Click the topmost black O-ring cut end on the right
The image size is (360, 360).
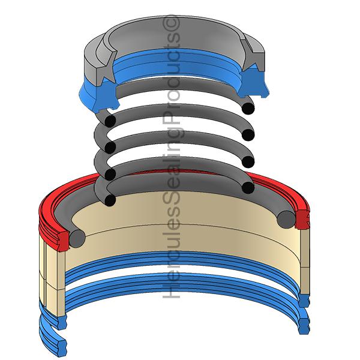point(248,108)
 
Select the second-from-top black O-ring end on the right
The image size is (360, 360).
point(248,135)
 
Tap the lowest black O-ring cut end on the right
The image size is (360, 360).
point(248,188)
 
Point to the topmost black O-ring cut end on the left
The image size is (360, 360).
point(110,121)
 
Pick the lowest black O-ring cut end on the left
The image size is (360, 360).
point(110,200)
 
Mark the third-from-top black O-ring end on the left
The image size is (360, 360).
point(110,174)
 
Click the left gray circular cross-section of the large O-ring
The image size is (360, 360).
point(77,239)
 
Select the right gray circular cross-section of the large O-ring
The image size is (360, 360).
point(286,220)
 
